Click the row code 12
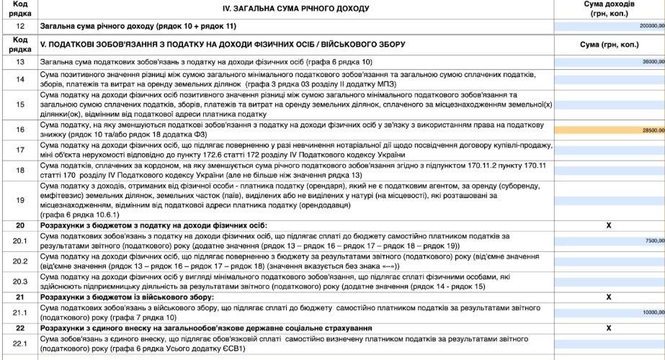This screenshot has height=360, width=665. (20, 26)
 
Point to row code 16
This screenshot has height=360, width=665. (20, 130)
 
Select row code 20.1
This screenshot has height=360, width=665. (20, 241)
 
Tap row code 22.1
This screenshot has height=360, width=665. (20, 343)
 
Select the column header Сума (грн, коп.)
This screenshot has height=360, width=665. (609, 45)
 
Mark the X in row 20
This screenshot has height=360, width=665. (609, 225)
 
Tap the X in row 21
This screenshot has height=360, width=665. (609, 297)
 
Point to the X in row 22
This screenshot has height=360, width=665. (609, 328)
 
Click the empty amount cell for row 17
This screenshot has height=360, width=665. (609, 151)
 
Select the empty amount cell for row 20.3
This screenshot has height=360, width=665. (609, 281)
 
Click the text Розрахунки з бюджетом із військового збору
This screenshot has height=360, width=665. (127, 297)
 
